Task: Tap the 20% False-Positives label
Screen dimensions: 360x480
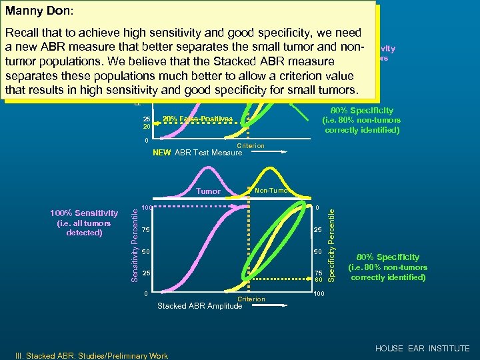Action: click(x=197, y=119)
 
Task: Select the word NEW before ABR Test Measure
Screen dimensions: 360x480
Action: click(x=161, y=153)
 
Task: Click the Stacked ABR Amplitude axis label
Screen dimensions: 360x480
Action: click(x=199, y=306)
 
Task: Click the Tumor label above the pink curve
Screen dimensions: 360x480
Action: click(x=209, y=191)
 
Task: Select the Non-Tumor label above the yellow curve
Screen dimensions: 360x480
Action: click(x=272, y=190)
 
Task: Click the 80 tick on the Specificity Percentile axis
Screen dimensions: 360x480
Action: click(x=318, y=280)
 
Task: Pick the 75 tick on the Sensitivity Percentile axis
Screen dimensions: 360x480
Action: click(x=145, y=230)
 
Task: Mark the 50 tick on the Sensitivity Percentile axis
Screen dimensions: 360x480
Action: click(x=145, y=252)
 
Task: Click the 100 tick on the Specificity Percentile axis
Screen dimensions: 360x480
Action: click(x=320, y=294)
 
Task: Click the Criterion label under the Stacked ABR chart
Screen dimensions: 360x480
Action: click(x=251, y=299)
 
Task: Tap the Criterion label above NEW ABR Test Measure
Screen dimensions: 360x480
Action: click(x=251, y=145)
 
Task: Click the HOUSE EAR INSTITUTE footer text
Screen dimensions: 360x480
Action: click(x=422, y=349)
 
